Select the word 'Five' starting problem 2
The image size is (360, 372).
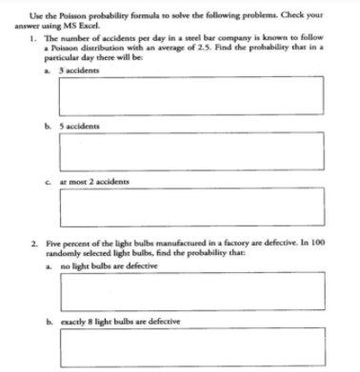coord(47,245)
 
